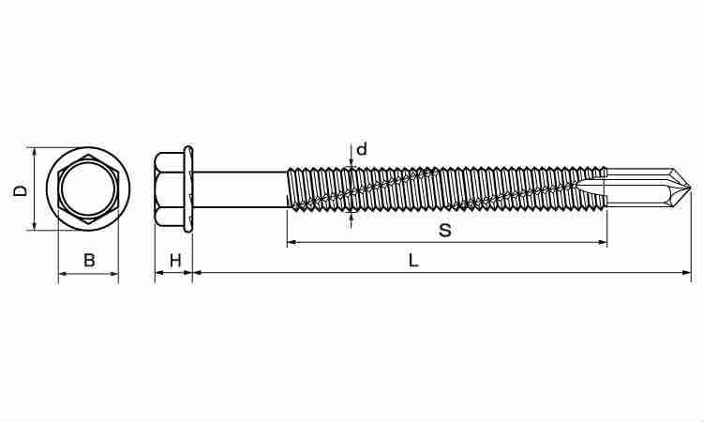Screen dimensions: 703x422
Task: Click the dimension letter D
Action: tap(21, 189)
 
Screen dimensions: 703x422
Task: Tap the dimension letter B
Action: tap(89, 260)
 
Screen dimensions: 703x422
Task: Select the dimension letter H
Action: tap(175, 260)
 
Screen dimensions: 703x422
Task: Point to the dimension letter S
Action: tap(444, 231)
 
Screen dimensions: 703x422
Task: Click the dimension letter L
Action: tap(413, 260)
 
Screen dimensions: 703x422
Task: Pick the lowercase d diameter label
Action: tap(362, 148)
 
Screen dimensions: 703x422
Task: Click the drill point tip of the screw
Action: tap(691, 188)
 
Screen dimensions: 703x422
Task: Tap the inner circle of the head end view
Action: tap(88, 188)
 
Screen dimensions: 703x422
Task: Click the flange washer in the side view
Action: tap(188, 188)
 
